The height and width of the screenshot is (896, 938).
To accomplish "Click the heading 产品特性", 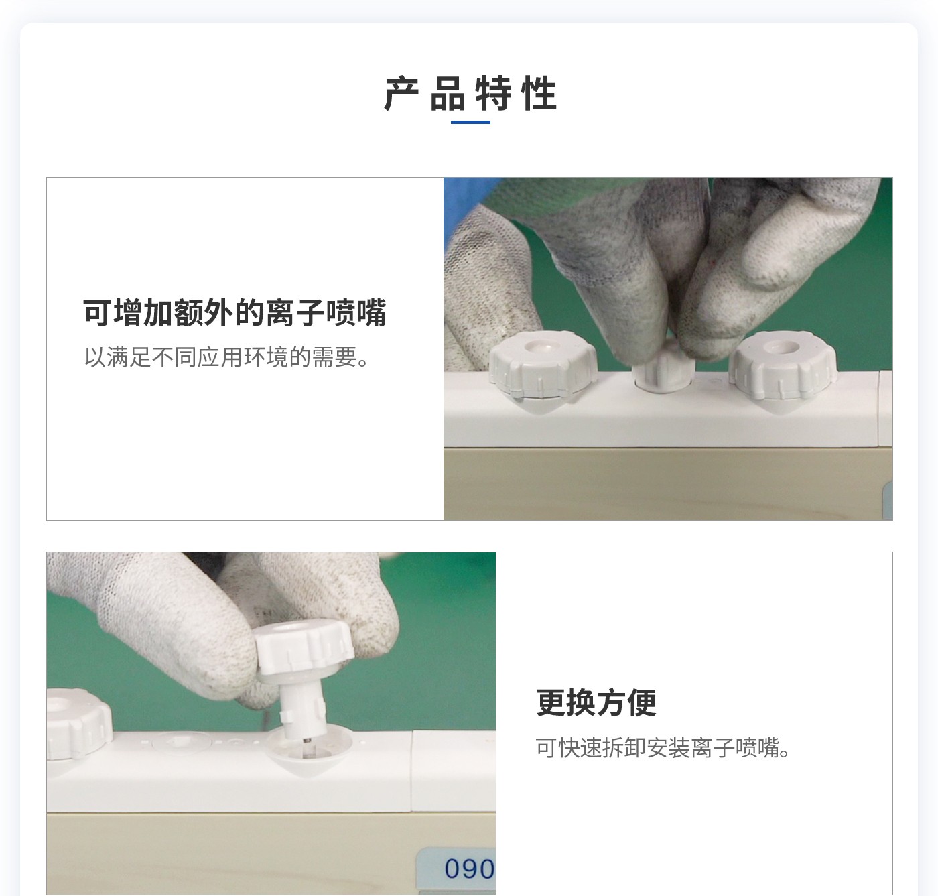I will [470, 93].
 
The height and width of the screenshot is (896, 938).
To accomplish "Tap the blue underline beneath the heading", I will [470, 123].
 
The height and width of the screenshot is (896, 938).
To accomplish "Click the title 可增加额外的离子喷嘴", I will [234, 312].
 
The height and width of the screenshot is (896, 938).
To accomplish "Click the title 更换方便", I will [596, 702].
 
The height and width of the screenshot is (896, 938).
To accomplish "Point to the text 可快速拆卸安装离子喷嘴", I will [663, 747].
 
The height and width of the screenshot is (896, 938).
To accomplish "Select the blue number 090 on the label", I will [468, 869].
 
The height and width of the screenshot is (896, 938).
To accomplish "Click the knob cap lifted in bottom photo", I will [304, 647].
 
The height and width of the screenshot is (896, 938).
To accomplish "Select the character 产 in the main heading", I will [402, 93].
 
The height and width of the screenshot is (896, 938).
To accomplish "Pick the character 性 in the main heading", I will [539, 93].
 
